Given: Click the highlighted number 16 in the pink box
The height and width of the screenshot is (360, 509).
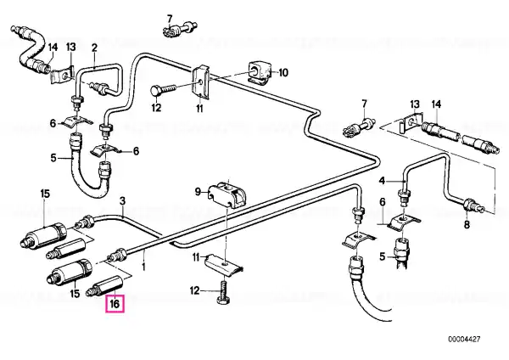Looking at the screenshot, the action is coord(115,304).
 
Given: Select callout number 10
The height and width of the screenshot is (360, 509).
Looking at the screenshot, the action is coord(283,72).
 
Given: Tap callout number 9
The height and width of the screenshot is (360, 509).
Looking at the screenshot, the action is coord(198,192).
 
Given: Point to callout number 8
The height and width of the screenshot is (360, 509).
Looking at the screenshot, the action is coord(467,224).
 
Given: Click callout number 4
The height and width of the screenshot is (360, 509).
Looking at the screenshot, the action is coord(382,180).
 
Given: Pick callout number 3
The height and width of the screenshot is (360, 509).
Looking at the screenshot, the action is coord(122,200).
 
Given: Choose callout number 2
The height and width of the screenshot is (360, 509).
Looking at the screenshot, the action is coord(94,48).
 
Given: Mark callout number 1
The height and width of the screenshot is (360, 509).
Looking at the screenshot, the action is coord(144,267).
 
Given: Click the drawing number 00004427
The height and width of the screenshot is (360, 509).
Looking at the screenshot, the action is coord(464,340).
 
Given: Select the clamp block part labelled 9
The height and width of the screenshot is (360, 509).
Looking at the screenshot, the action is coord(227,195).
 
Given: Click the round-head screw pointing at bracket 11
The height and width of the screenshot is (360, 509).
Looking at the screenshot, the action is coord(163,89).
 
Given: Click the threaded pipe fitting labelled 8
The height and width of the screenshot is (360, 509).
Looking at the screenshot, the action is coord(473,205).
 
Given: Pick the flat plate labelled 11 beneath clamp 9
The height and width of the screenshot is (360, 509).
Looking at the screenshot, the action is coord(225,262).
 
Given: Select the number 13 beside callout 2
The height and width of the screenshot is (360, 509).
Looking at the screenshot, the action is coord(70,47).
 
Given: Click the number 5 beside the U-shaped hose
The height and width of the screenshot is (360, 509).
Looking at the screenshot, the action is coord(53,158).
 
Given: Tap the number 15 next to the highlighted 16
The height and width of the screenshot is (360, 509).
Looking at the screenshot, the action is coord(75,294).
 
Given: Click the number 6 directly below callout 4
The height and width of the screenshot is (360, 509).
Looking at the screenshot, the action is coord(383,202).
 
